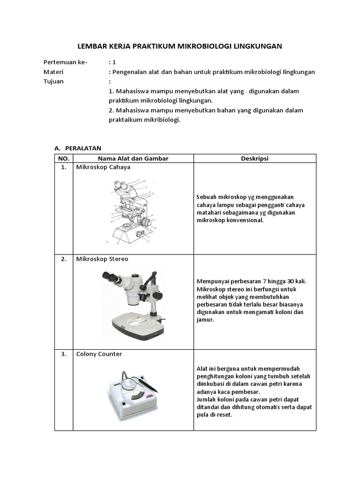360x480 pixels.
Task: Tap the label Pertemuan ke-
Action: (65, 62)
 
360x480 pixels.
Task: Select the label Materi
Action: (53, 72)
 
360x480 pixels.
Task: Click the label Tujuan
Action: (53, 81)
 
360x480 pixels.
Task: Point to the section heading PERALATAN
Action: (83, 148)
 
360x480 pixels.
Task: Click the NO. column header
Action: (63, 158)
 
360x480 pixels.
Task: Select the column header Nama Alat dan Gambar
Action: (133, 158)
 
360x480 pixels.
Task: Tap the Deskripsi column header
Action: (255, 158)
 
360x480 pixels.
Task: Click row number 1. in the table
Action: (63, 167)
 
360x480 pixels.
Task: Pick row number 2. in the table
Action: (63, 259)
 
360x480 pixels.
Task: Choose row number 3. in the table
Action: (63, 354)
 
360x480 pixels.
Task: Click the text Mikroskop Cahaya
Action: (103, 167)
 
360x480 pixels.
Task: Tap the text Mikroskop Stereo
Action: (102, 259)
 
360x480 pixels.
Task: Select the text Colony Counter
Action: (99, 354)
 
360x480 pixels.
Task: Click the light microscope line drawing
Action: (131, 211)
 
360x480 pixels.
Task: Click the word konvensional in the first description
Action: (241, 220)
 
